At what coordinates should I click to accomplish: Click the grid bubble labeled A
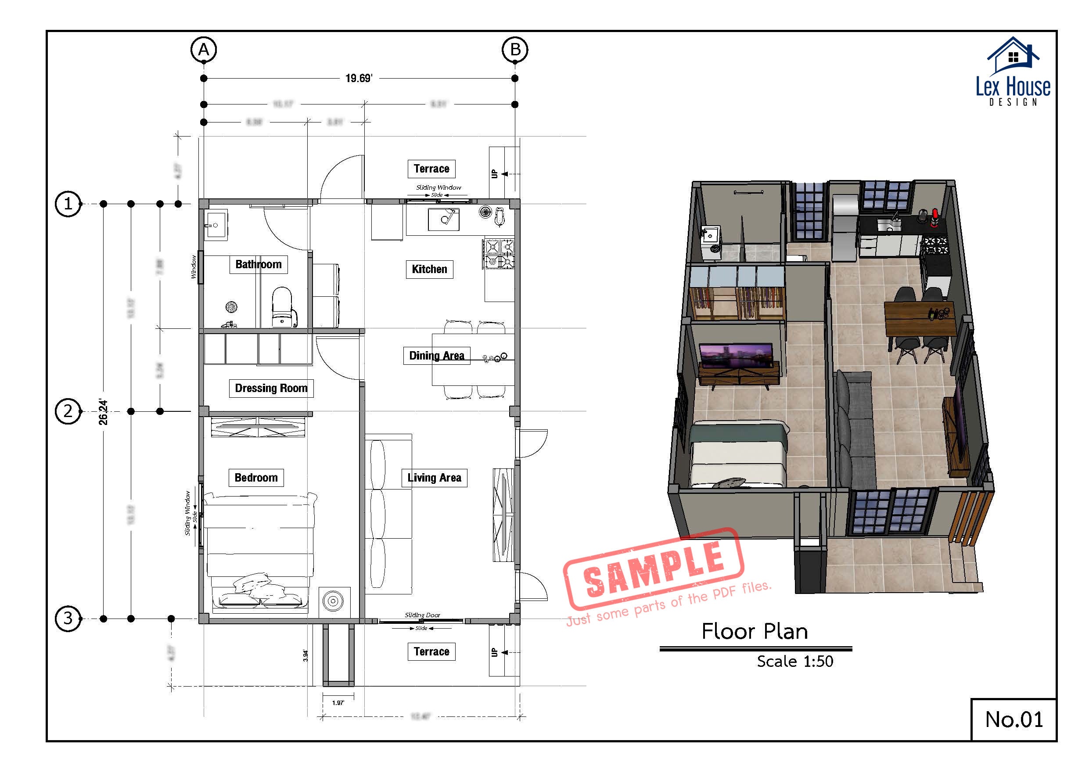pyautogui.click(x=204, y=49)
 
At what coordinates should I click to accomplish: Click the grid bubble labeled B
pyautogui.click(x=515, y=49)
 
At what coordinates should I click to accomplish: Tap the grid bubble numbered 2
pyautogui.click(x=68, y=411)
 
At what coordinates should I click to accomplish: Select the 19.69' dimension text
pyautogui.click(x=359, y=78)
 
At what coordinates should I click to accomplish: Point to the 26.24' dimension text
pyautogui.click(x=103, y=412)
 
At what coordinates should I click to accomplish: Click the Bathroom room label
pyautogui.click(x=259, y=264)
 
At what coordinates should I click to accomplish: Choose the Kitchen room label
pyautogui.click(x=429, y=269)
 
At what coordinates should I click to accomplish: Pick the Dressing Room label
pyautogui.click(x=271, y=388)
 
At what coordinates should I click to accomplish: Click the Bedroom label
pyautogui.click(x=256, y=478)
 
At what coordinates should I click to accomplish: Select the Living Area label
pyautogui.click(x=434, y=478)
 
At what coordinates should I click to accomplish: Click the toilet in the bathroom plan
pyautogui.click(x=282, y=306)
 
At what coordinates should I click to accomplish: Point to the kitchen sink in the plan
pyautogui.click(x=443, y=219)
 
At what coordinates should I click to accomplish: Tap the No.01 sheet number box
pyautogui.click(x=1014, y=719)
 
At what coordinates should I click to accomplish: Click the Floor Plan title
pyautogui.click(x=755, y=631)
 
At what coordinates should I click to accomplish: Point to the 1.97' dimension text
pyautogui.click(x=338, y=703)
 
